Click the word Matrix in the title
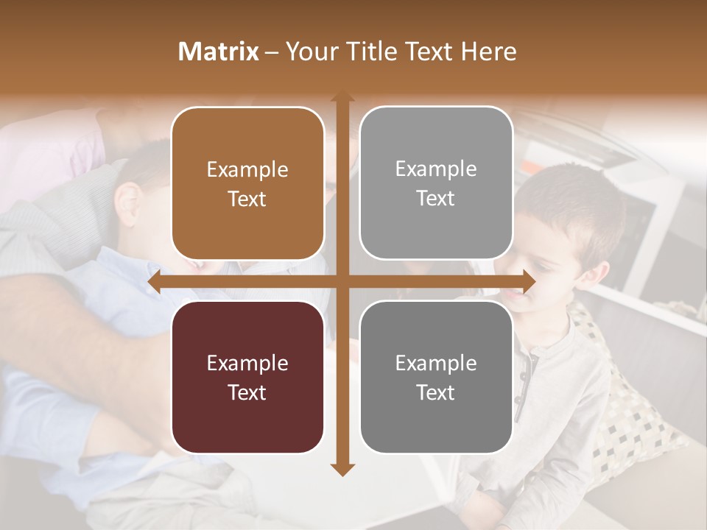pyautogui.click(x=219, y=52)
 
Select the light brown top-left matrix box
pyautogui.click(x=247, y=183)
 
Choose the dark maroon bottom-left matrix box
pyautogui.click(x=247, y=377)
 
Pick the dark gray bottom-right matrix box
pyautogui.click(x=436, y=377)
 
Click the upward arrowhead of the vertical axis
pyautogui.click(x=342, y=97)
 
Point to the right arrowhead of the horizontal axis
pyautogui.click(x=528, y=282)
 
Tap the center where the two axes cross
pyautogui.click(x=342, y=282)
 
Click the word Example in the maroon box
pyautogui.click(x=247, y=363)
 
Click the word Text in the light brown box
pyautogui.click(x=247, y=199)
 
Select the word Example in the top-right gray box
pyautogui.click(x=436, y=169)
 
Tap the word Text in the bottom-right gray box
pyautogui.click(x=436, y=392)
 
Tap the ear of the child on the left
pyautogui.click(x=130, y=202)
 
